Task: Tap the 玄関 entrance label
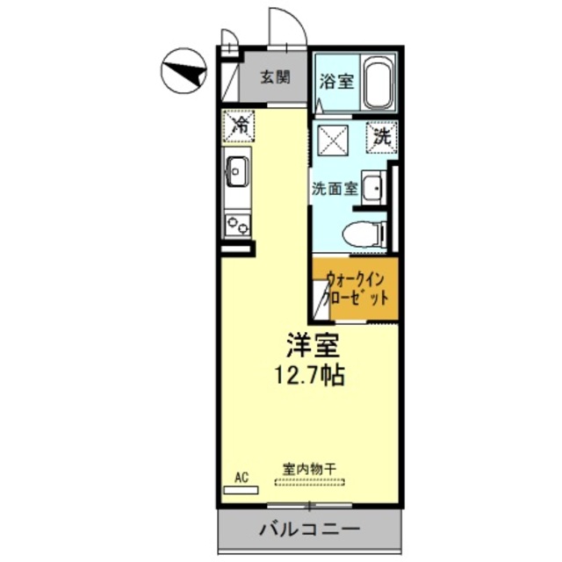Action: tap(275, 77)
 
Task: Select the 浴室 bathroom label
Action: tap(337, 82)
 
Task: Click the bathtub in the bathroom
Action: tap(378, 82)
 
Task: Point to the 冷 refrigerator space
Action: tap(238, 125)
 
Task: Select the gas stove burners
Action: tap(236, 224)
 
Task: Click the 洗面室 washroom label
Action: tap(334, 187)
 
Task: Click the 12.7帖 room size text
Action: tap(307, 375)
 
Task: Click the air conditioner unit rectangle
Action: tap(241, 488)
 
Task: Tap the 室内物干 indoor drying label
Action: tap(310, 469)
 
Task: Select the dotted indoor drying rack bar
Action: tap(310, 481)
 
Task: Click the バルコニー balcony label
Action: tap(308, 530)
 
